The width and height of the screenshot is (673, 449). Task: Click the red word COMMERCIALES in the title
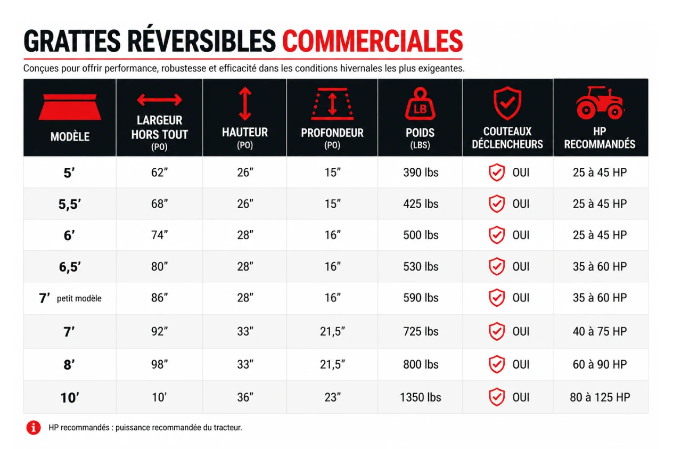tap(373, 41)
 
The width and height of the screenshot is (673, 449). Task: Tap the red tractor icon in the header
tap(600, 103)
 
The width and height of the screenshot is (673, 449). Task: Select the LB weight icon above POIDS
tap(420, 104)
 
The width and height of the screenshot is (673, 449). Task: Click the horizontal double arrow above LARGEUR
tap(159, 100)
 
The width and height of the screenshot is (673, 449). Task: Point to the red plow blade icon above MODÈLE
tap(70, 107)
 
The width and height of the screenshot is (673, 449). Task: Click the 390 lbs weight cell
tap(421, 173)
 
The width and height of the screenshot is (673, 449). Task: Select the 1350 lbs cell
tap(420, 397)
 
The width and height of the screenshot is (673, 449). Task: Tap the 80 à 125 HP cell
tap(600, 397)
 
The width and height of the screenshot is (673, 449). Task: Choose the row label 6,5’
tap(70, 267)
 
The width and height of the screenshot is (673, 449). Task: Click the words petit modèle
tap(79, 298)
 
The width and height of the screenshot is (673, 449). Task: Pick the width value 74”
tap(159, 235)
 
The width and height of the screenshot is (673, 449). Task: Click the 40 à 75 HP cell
tap(600, 331)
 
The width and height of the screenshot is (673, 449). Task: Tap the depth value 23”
tap(332, 397)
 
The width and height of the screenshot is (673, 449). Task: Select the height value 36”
tap(245, 397)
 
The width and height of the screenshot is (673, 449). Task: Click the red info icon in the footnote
tap(34, 427)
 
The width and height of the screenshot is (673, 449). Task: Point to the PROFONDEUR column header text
tap(332, 133)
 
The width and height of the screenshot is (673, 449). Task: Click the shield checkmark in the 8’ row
tap(497, 364)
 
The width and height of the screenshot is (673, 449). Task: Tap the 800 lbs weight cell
tap(421, 364)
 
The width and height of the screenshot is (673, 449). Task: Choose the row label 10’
tap(70, 398)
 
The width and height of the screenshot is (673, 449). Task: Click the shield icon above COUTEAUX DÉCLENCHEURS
tap(507, 103)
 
